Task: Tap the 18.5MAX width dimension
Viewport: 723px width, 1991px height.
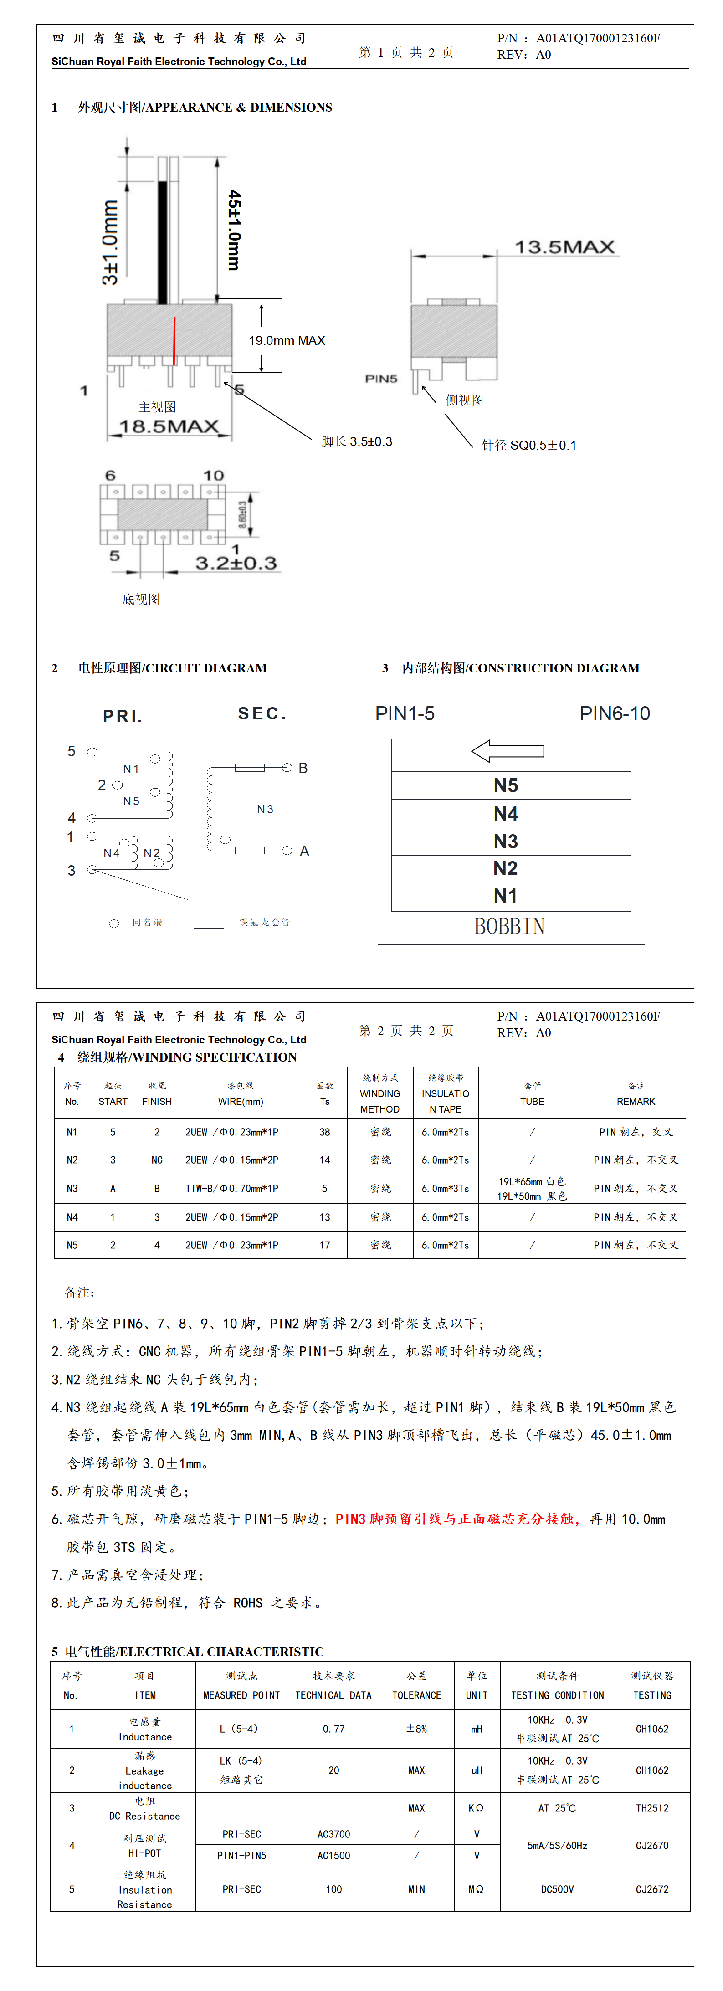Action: click(169, 426)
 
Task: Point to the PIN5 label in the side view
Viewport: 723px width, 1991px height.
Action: click(381, 379)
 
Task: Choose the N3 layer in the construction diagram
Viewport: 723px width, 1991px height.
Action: click(506, 841)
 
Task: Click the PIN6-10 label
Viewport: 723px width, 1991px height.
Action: click(615, 713)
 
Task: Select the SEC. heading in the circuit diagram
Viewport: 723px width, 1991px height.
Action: click(262, 713)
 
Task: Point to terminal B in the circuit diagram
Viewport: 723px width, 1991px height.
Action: click(303, 768)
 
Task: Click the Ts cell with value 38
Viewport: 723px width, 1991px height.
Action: click(325, 1132)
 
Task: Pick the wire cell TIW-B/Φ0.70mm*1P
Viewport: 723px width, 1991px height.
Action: click(231, 1189)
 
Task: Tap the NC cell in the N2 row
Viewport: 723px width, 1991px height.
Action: click(157, 1160)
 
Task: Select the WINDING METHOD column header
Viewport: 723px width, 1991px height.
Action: click(379, 1093)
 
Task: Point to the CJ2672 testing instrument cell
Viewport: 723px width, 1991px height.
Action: click(652, 1889)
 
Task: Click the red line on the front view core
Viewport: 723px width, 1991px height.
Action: click(175, 340)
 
